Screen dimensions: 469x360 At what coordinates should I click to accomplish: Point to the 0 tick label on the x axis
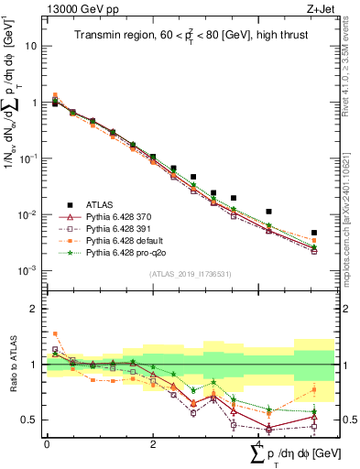tap(47, 443)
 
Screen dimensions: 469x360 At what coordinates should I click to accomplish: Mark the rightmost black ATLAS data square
tap(314, 233)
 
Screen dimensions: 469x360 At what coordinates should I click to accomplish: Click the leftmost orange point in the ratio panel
tap(55, 333)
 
